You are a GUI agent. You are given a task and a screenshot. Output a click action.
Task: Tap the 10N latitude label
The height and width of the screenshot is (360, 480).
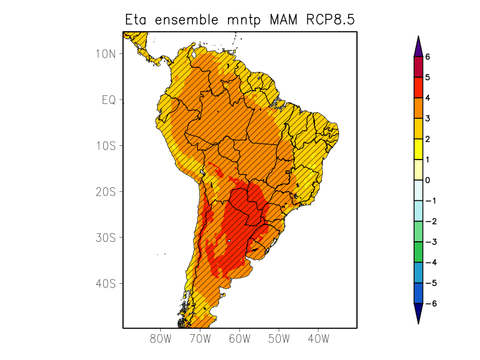pos(106,53)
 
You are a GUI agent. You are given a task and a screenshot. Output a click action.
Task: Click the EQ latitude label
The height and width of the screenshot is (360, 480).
pos(109,100)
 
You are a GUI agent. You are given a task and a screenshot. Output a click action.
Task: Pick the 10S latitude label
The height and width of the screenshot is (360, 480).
pos(106,146)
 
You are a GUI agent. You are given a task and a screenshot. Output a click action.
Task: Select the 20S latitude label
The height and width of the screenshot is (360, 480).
pos(106,191)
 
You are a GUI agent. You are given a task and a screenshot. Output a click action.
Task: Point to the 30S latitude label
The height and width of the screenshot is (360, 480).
pos(106,238)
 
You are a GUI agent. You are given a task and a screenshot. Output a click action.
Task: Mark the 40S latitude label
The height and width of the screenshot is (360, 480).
pos(106,283)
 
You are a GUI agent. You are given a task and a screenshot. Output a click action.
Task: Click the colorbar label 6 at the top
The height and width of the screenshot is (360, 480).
pos(428,57)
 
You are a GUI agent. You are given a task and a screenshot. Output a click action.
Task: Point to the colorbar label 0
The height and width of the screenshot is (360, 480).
pos(428,180)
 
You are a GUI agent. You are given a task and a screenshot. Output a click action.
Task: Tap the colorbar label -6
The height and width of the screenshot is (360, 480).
pos(430,304)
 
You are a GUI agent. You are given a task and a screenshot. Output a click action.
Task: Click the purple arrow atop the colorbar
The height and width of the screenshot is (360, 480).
pos(418,46)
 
